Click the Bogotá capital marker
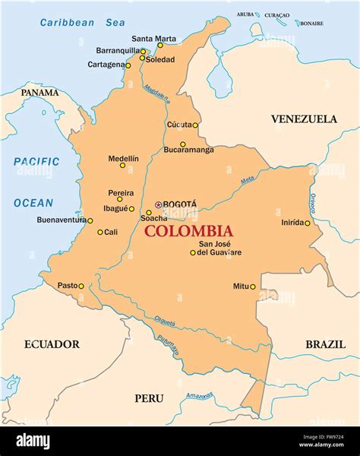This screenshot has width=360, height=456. click(x=158, y=204)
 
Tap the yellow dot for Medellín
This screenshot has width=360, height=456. click(x=122, y=165)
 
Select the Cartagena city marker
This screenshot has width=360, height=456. click(x=128, y=65)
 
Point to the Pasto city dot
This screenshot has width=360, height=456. click(x=81, y=287)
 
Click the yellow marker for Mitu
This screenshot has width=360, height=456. click(x=253, y=287)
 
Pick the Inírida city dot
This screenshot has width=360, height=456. click(x=308, y=223)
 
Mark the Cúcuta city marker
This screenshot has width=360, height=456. click(x=195, y=125)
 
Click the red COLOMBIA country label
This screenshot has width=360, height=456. click(x=188, y=231)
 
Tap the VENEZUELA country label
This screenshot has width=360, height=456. click(x=304, y=119)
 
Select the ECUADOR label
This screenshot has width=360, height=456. click(x=52, y=344)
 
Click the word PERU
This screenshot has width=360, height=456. click(x=149, y=398)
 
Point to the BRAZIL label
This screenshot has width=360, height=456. click(x=325, y=344)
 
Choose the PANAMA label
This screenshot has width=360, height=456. click(x=39, y=93)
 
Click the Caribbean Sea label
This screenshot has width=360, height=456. click(x=83, y=23)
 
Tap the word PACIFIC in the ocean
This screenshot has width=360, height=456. click(x=36, y=161)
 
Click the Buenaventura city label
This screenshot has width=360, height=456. click(x=60, y=220)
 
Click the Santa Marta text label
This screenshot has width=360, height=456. click(x=153, y=39)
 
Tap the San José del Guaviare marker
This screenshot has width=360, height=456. click(x=193, y=252)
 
